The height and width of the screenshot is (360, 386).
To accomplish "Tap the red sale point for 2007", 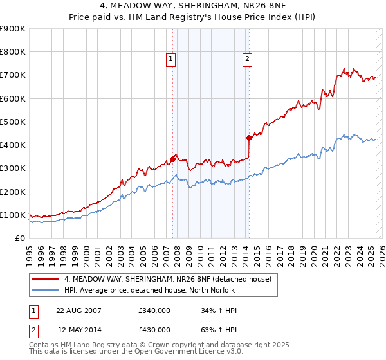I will [172, 158].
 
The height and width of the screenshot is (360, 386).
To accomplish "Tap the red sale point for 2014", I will [249, 138].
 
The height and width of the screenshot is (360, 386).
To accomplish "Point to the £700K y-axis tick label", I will [13, 75].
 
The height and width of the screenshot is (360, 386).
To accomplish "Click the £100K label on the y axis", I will [13, 215].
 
